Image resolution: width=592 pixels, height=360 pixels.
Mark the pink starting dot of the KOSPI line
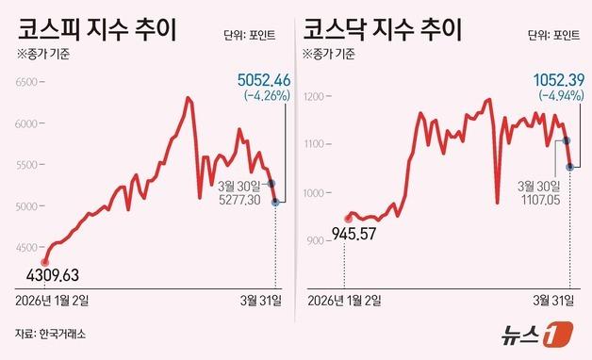[x=45, y=261]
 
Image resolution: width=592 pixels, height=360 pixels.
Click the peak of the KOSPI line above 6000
[x=189, y=97]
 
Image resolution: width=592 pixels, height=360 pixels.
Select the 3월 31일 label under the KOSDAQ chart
[x=553, y=299]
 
